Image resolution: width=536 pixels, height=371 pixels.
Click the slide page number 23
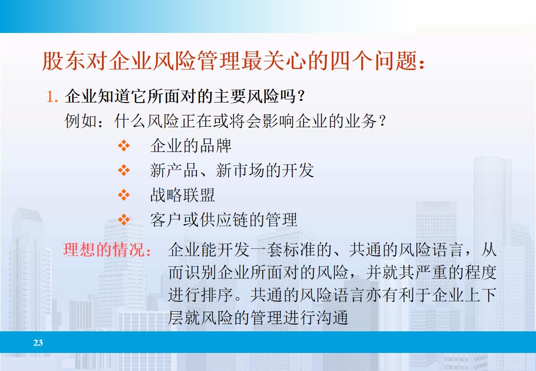[38, 343]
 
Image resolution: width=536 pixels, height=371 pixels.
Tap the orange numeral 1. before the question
[53, 96]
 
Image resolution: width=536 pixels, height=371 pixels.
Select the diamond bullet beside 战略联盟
[124, 195]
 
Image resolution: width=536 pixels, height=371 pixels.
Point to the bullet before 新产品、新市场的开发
[124, 170]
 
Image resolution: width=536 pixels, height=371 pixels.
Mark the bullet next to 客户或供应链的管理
[124, 220]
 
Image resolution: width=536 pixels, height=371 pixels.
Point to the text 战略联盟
[182, 195]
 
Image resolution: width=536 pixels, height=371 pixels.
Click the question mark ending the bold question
[303, 96]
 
